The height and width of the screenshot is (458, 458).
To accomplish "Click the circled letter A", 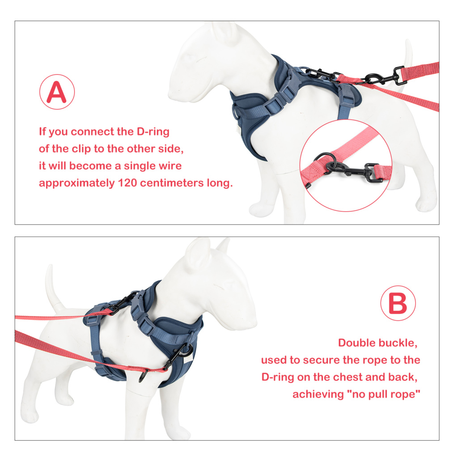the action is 57,92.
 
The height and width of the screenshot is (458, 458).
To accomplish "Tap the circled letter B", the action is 398,303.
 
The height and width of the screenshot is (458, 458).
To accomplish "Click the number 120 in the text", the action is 127,183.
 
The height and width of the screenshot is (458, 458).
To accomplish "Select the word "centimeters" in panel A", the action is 172,183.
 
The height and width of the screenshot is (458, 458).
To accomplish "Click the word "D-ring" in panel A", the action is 153,132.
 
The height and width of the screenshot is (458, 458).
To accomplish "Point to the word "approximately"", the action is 77,183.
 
